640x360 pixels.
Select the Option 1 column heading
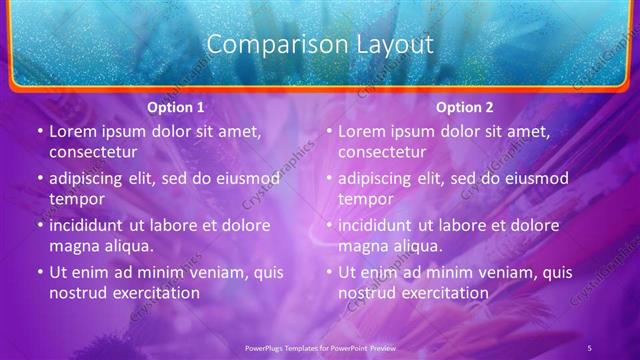click(x=176, y=107)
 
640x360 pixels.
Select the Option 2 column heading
click(x=465, y=107)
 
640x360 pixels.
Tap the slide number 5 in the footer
click(x=590, y=347)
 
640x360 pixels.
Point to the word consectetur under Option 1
click(x=93, y=152)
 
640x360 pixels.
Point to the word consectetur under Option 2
click(x=382, y=152)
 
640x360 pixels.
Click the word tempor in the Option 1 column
click(x=74, y=199)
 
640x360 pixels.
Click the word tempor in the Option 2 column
click(x=363, y=199)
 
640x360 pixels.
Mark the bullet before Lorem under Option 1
click(x=38, y=132)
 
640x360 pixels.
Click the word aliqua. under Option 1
click(x=127, y=246)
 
